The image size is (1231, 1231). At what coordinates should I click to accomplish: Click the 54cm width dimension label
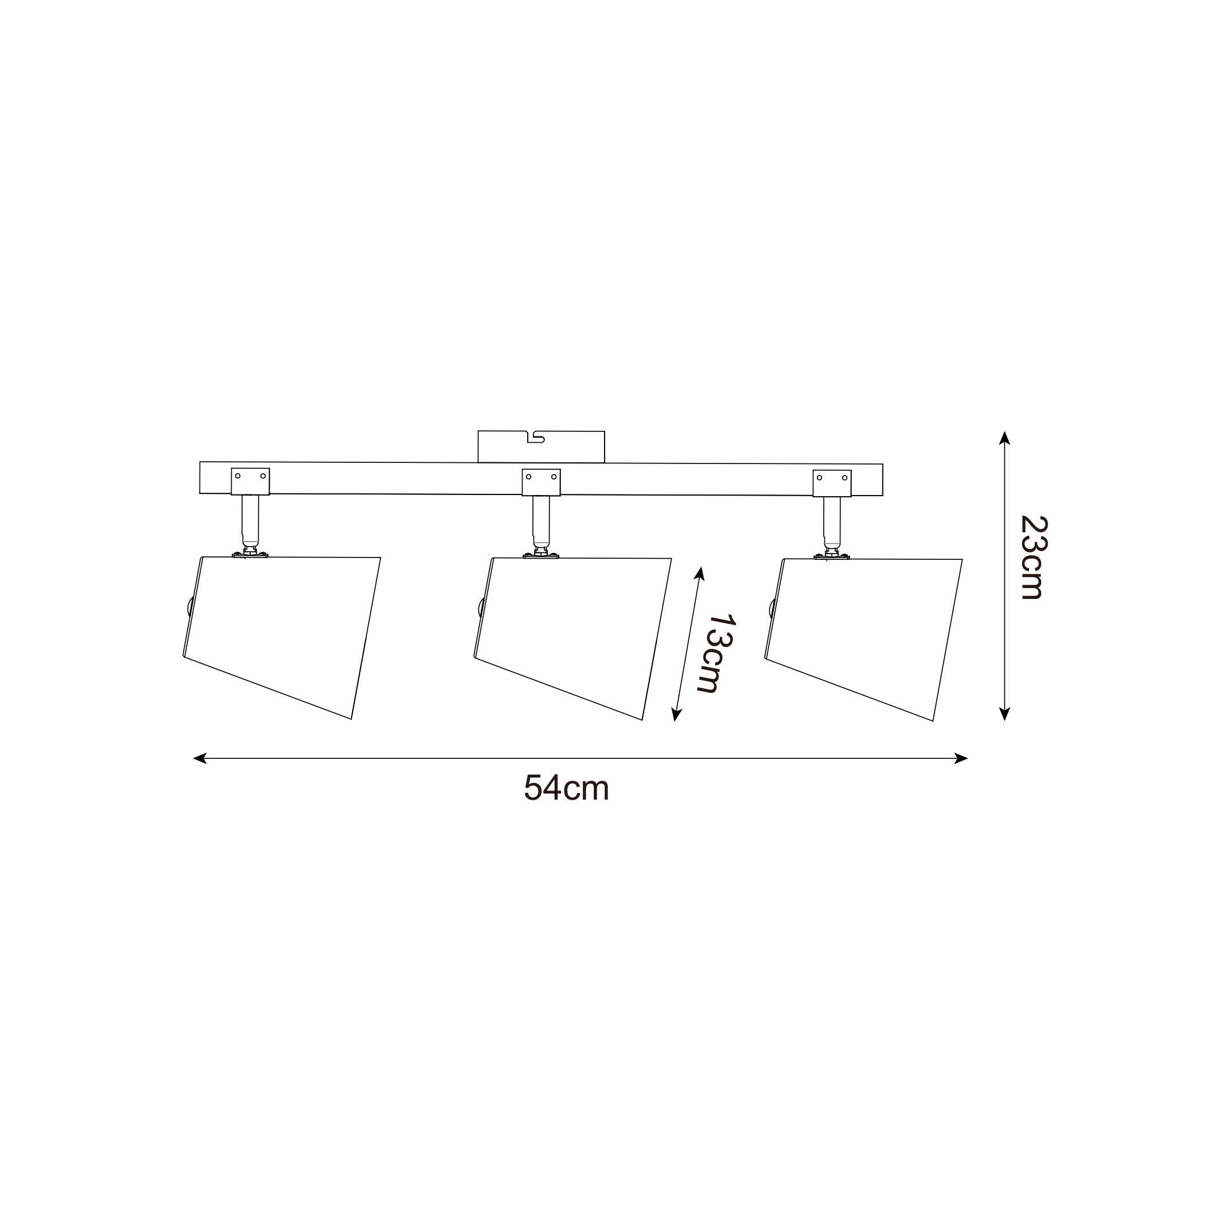coord(566,788)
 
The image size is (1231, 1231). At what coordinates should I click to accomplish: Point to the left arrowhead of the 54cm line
coord(200,758)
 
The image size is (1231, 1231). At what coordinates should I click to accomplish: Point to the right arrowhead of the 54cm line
coord(961,758)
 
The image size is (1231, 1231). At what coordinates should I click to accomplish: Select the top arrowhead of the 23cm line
coord(1005,438)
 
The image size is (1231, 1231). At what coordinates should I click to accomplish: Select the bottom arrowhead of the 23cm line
coord(1005,714)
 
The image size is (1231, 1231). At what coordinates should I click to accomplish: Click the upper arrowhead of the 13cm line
coord(700,574)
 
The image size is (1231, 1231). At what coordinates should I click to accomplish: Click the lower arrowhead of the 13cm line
coord(676,714)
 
